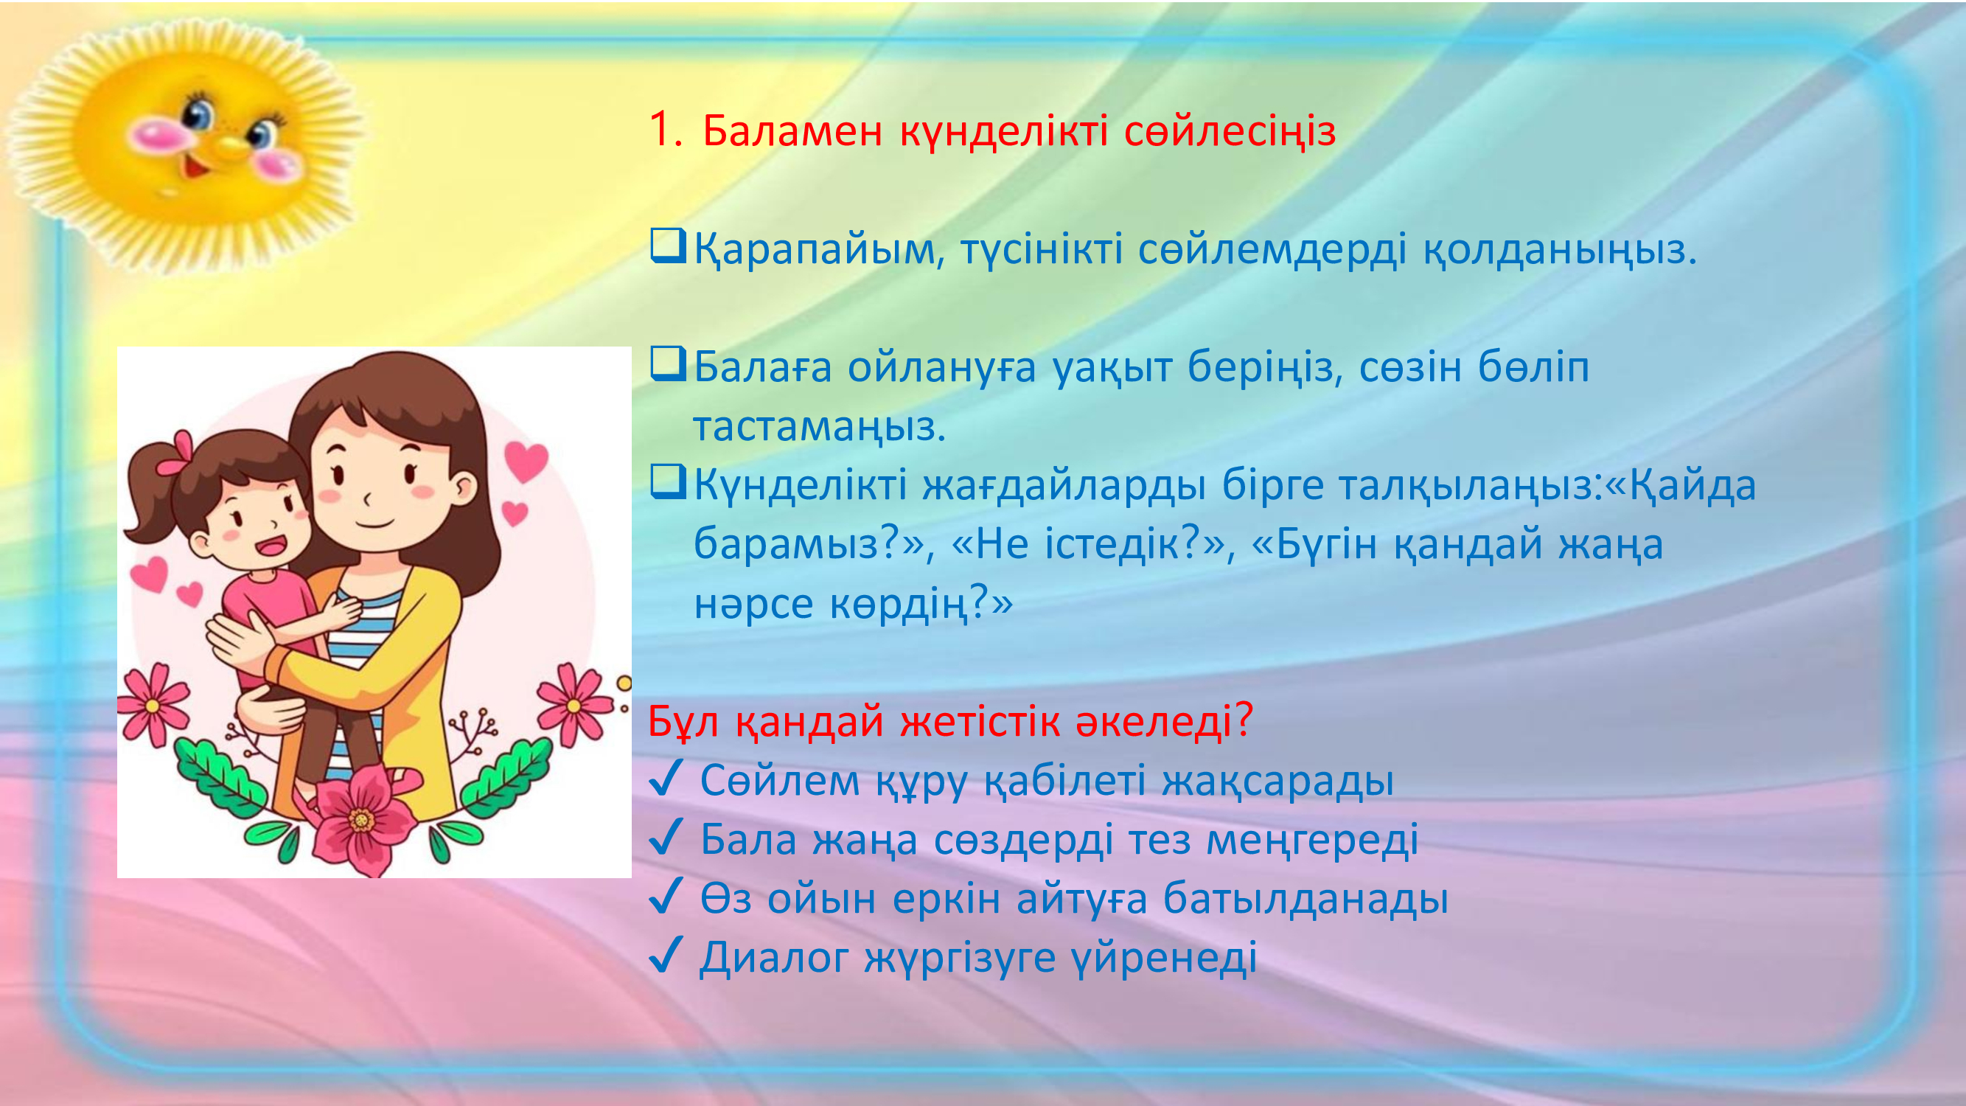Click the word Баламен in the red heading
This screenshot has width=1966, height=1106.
coord(792,131)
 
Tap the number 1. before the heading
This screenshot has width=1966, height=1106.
coord(666,129)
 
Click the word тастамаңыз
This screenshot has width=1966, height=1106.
coord(819,427)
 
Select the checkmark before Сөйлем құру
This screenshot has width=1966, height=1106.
coord(666,779)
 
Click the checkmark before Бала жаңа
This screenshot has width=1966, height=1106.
coord(666,838)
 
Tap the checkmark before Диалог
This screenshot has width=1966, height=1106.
coord(666,956)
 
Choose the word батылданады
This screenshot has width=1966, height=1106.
coord(1305,897)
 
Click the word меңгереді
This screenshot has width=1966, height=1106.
coord(1312,841)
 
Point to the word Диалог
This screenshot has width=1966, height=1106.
coord(774,958)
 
